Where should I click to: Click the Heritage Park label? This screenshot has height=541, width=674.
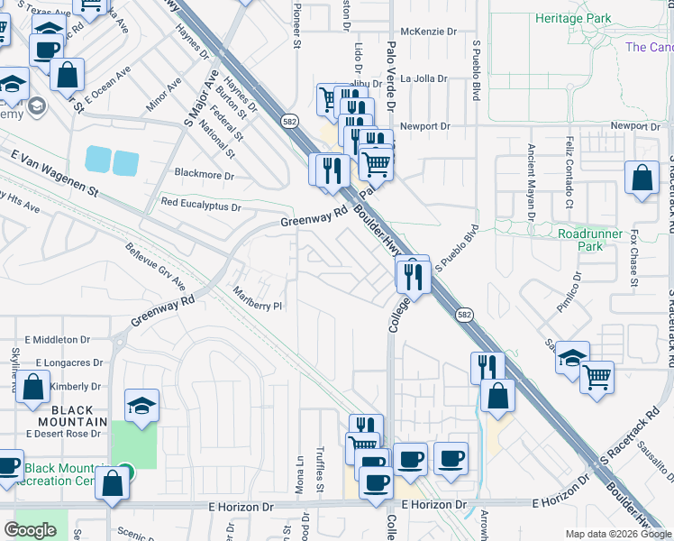[x=572, y=18]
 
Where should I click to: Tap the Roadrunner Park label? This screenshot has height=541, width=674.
[x=591, y=239]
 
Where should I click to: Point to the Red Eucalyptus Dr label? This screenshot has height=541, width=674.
[x=201, y=206]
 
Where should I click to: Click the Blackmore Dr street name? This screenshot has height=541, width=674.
[x=204, y=174]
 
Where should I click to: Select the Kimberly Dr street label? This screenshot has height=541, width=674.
[x=68, y=386]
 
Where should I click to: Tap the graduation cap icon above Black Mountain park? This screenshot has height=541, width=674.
[x=141, y=406]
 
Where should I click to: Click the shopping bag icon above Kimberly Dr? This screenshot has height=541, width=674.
[x=32, y=389]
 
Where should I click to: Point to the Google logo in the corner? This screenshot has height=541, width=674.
[x=30, y=530]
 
